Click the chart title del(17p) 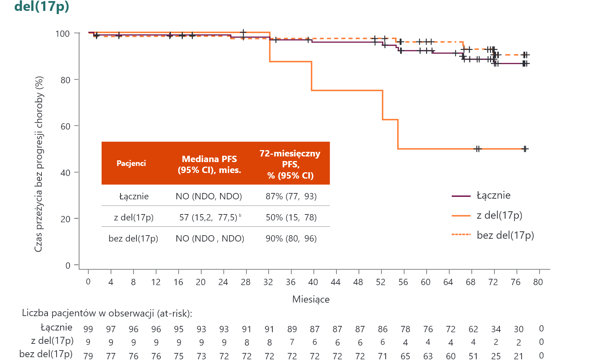coord(42,6)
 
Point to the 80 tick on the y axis coord(65,80)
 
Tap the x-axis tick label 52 coord(381,282)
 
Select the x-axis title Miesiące coord(311,299)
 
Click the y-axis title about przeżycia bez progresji coord(39,164)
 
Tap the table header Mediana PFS coord(209,164)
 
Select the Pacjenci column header coord(131,163)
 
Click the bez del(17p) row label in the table coord(133,238)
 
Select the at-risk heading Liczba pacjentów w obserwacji coord(107,313)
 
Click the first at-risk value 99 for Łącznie coord(88,329)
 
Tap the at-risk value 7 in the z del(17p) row coord(292,342)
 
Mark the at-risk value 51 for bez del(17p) coord(473,355)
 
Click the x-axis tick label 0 coord(88,282)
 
